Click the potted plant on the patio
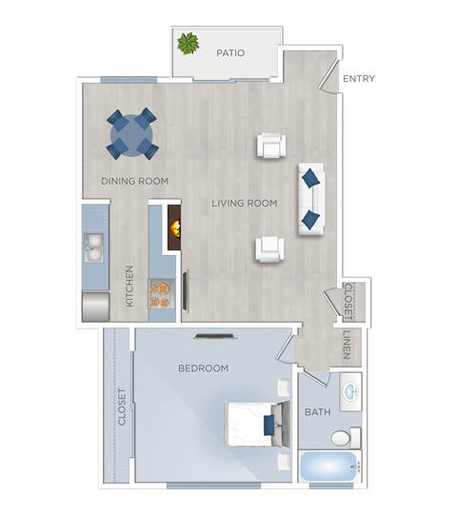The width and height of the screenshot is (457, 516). coord(188,43)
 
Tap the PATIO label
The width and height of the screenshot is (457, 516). coord(230,53)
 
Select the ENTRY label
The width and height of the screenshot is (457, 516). coord(358,79)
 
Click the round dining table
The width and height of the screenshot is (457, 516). coord(131,136)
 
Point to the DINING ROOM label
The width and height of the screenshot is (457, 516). coord(135,181)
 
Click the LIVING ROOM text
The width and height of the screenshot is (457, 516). coord(245,203)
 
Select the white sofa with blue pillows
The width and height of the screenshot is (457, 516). coord(311,198)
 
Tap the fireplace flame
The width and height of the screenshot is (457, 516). coord(174,228)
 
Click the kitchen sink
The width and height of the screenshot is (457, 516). coord(94,248)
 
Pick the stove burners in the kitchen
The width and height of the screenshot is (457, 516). coord(160,294)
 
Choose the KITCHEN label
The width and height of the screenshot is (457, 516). coord(130,286)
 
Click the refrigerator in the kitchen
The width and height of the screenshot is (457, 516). coord(95,307)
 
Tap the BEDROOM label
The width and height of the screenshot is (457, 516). coord(204,368)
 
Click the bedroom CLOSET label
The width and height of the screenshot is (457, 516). coord(122,407)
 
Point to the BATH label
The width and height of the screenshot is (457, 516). coord(317,412)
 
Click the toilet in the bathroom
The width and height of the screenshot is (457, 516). coord(345,438)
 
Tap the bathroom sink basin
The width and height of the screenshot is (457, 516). coord(350,391)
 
